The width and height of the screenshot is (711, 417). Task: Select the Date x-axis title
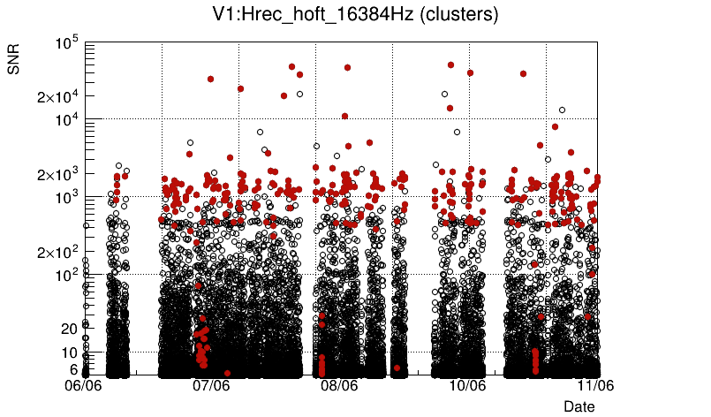pos(579,406)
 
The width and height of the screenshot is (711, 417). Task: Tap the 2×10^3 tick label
pos(58,174)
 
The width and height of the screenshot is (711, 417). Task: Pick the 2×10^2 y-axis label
pos(58,252)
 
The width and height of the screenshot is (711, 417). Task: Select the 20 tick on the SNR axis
pos(70,329)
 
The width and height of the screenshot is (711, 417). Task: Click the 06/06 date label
pos(85,386)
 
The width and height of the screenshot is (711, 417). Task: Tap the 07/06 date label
pos(212,386)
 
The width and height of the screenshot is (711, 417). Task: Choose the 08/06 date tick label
pos(339,386)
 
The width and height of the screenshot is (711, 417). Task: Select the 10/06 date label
pos(467,386)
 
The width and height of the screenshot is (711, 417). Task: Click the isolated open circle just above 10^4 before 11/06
pos(562,110)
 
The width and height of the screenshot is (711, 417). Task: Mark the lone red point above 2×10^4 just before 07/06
pos(210,79)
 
